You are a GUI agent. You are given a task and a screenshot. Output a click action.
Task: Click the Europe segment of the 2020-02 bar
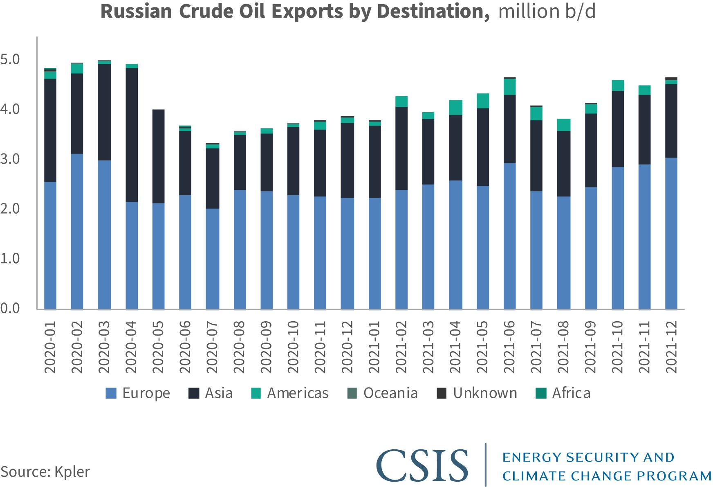click(x=77, y=231)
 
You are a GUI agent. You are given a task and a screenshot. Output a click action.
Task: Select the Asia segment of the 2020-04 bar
click(x=132, y=135)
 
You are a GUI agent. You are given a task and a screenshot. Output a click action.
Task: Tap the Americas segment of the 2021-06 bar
click(x=509, y=87)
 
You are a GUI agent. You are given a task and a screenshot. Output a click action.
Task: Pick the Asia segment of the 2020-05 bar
click(x=158, y=156)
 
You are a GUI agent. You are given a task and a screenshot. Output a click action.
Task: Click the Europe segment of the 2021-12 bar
click(x=671, y=233)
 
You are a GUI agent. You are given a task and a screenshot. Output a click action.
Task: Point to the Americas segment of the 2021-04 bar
click(x=455, y=108)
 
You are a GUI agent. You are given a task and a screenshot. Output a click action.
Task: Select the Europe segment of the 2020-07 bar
click(x=212, y=259)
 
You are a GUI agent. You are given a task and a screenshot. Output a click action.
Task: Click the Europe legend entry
click(x=138, y=393)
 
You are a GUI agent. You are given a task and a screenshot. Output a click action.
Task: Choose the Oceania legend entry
click(x=382, y=393)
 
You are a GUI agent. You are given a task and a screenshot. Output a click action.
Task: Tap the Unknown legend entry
click(x=477, y=393)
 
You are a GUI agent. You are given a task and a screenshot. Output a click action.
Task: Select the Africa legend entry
click(x=563, y=393)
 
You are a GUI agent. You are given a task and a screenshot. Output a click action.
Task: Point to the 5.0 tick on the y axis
click(x=10, y=60)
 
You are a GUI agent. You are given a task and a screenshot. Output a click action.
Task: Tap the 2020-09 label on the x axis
click(x=267, y=347)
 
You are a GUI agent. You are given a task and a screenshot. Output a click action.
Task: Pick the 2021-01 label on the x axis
click(x=374, y=347)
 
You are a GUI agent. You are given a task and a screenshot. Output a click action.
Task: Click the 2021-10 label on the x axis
click(x=617, y=347)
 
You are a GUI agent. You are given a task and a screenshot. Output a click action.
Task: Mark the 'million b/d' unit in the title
click(x=547, y=11)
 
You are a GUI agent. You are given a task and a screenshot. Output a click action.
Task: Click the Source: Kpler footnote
click(x=45, y=472)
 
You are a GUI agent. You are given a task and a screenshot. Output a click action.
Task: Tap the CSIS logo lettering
click(x=422, y=465)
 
